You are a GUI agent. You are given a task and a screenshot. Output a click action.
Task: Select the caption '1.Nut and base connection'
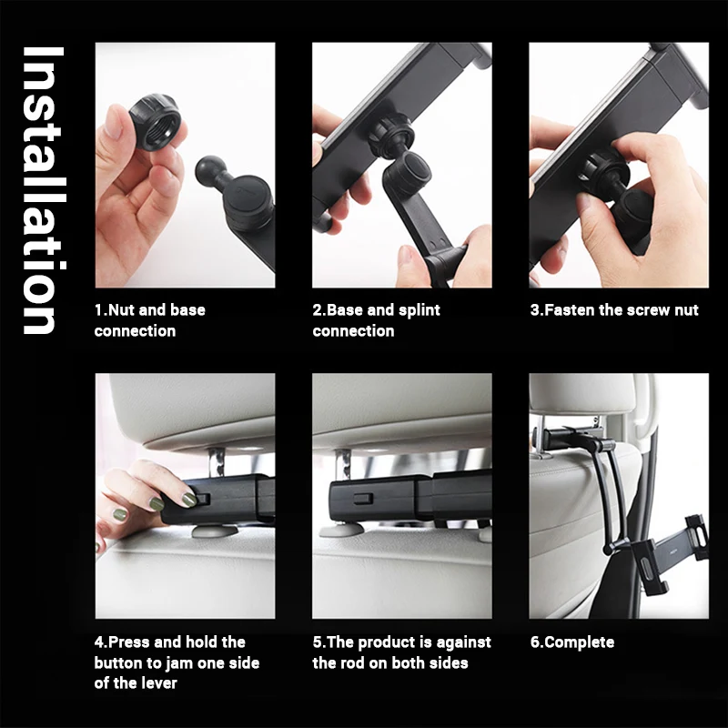point(150,320)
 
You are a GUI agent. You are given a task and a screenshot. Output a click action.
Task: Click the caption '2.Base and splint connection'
point(376,320)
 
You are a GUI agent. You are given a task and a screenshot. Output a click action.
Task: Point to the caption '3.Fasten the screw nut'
point(614,309)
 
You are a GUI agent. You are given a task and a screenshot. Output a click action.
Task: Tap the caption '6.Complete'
point(572,642)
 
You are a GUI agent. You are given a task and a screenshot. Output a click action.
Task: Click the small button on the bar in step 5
point(362,499)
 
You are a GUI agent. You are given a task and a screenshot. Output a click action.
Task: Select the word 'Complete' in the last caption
point(580,642)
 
